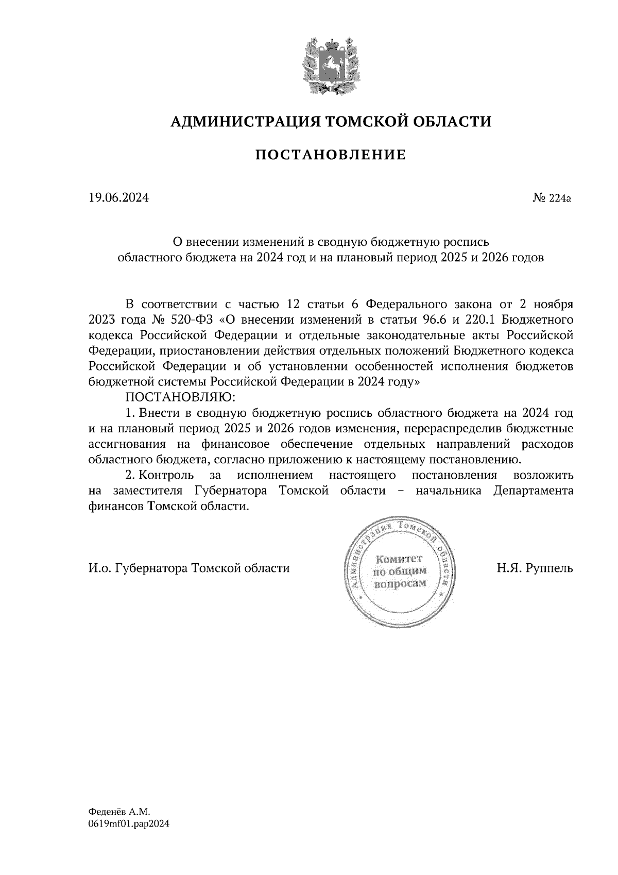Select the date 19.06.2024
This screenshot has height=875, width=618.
[x=118, y=197]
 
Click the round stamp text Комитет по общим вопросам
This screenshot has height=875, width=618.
[x=399, y=571]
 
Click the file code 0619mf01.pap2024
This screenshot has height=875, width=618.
[x=129, y=823]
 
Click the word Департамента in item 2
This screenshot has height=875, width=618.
[x=533, y=491]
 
